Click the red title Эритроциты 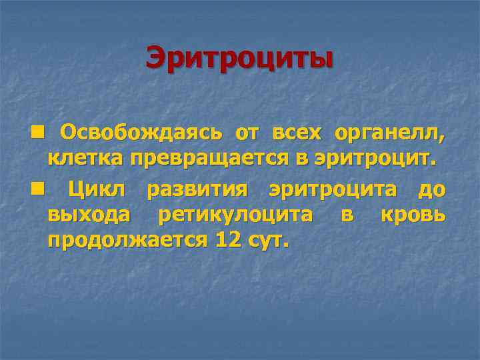(239, 57)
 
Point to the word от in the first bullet (246, 133)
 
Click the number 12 (227, 240)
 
